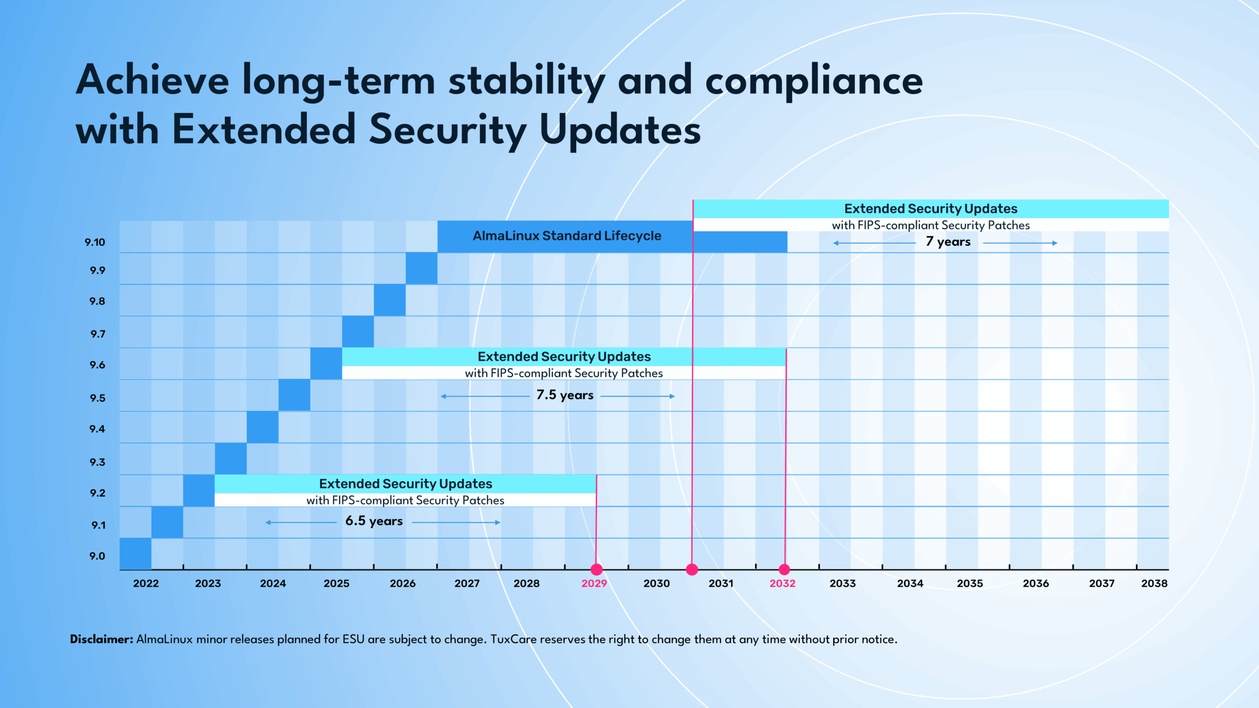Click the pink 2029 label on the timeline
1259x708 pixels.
coord(594,584)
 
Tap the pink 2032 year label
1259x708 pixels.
coord(782,584)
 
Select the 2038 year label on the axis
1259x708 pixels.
coord(1154,584)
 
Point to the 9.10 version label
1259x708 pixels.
coord(95,242)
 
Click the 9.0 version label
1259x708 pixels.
coord(97,556)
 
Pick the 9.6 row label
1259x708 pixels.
coord(97,365)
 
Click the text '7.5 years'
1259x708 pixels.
coord(565,395)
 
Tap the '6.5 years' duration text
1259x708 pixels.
coord(374,521)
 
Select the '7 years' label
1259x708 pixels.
coord(948,242)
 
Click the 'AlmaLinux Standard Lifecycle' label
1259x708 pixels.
coord(567,236)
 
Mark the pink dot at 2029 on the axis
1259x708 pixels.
coord(597,569)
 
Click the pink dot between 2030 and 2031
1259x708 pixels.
coord(692,569)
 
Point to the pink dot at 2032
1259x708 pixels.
coord(784,569)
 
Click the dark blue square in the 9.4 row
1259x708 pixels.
coord(263,427)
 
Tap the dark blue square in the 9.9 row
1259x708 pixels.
coord(421,268)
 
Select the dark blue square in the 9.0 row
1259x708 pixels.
coord(135,554)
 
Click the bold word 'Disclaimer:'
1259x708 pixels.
coord(101,639)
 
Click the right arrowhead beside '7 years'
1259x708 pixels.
coord(1055,243)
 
